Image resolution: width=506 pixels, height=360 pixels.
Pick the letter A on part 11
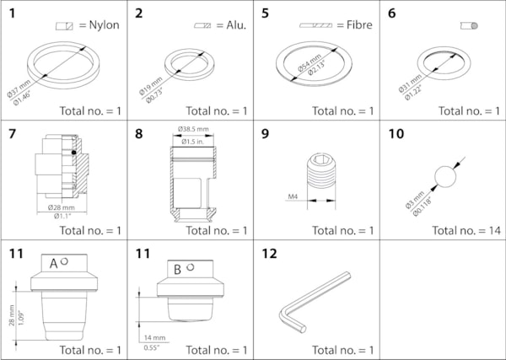tap(53, 263)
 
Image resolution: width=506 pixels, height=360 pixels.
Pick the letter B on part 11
tap(178, 270)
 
